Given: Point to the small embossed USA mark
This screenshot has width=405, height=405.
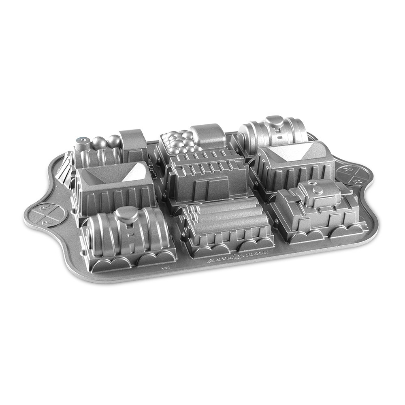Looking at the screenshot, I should coord(164,269).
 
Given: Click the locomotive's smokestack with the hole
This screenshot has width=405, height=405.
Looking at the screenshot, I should coord(83,142).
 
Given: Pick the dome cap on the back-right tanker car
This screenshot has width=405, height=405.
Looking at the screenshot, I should coord(275,122).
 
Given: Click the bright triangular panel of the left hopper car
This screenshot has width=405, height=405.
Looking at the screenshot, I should coord(136,174).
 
